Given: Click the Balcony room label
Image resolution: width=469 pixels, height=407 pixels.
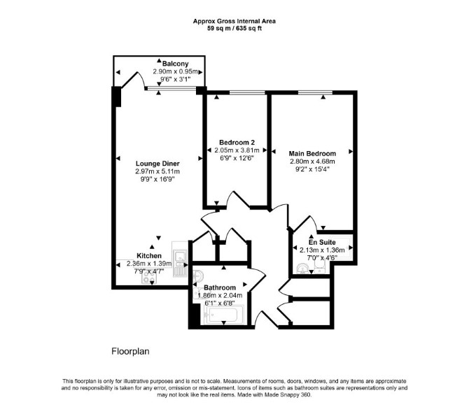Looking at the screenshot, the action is click(x=175, y=64).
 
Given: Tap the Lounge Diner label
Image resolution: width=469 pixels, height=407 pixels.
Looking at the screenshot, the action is click(x=157, y=164).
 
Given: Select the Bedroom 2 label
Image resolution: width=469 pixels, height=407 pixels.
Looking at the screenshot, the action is click(x=237, y=142).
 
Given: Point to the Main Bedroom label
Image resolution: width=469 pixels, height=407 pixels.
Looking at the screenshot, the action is click(x=312, y=154).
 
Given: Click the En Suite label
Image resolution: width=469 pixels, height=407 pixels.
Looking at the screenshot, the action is click(x=322, y=242).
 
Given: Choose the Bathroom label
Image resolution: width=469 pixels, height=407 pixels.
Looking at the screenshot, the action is click(x=220, y=287).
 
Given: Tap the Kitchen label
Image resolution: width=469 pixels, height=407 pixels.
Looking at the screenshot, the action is click(x=149, y=256).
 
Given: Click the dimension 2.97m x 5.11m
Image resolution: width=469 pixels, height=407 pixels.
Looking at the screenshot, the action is click(x=157, y=171).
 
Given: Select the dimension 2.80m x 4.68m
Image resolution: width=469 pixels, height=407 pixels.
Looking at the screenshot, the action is click(x=312, y=162).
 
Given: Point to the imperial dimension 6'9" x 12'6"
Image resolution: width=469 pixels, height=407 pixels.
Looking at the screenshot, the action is click(x=237, y=158).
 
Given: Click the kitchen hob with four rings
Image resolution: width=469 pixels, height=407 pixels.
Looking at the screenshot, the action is click(x=149, y=280).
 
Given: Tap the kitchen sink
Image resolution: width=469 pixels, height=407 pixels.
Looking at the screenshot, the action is click(x=180, y=259).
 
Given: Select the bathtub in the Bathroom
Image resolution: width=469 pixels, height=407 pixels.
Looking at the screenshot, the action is click(x=223, y=315).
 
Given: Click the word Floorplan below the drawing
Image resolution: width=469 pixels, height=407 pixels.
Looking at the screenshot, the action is click(x=130, y=351).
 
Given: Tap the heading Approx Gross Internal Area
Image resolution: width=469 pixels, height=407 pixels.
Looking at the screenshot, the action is click(x=234, y=21).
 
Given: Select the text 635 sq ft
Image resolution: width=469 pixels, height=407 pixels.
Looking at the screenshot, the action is click(x=249, y=29).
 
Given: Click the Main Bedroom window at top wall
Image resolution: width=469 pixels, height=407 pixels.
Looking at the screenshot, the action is click(x=315, y=92).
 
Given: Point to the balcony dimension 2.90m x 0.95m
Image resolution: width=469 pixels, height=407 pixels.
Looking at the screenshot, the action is click(x=175, y=71).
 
